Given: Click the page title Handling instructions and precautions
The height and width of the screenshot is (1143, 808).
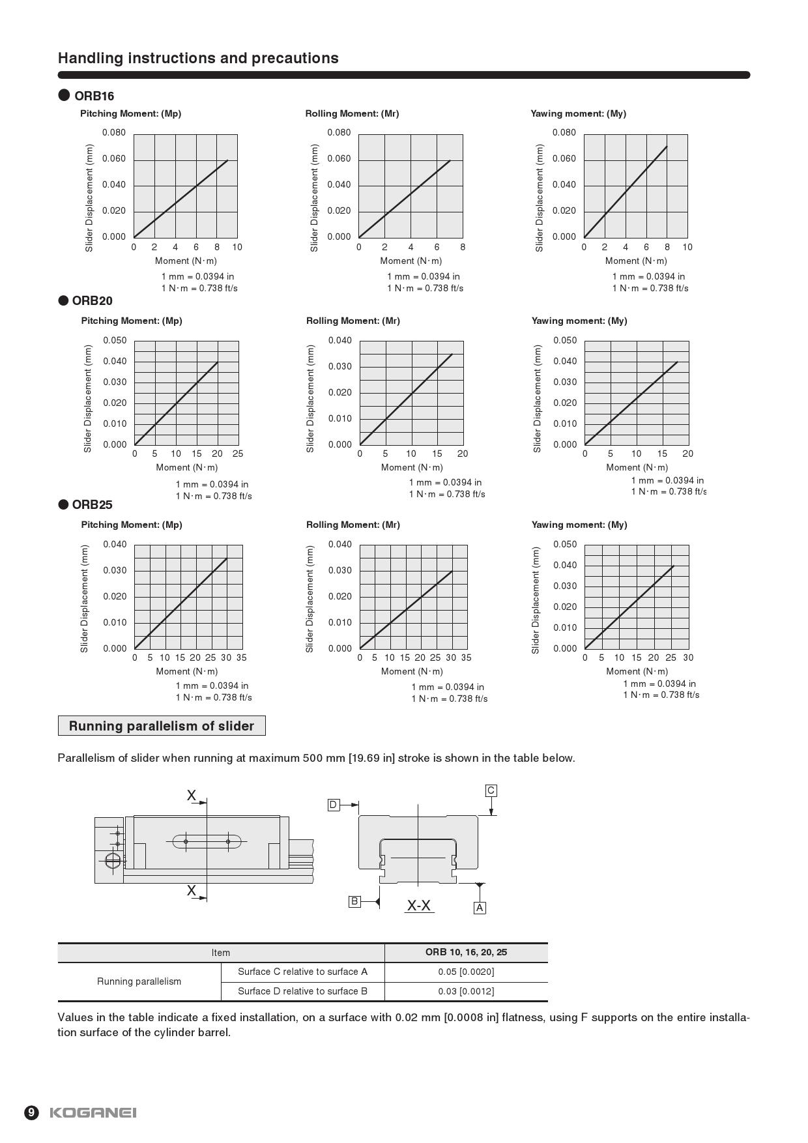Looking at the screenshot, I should click(x=198, y=58).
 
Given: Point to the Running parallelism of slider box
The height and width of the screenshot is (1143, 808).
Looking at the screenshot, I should click(x=162, y=726).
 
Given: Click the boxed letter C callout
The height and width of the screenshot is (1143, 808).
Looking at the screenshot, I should click(x=491, y=790).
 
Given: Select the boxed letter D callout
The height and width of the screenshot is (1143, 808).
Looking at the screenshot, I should click(x=333, y=805).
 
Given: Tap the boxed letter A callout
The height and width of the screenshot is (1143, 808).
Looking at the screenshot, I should click(x=480, y=908).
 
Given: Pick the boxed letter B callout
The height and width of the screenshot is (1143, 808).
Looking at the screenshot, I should click(x=354, y=901).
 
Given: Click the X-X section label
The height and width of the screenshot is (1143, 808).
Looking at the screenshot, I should click(x=419, y=905).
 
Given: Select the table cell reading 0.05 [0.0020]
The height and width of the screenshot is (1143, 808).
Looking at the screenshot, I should click(x=466, y=972).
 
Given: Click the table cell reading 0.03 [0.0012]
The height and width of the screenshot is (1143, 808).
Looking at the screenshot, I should click(x=466, y=991).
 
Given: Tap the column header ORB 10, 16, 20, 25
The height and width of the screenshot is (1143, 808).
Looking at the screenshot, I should click(x=466, y=952).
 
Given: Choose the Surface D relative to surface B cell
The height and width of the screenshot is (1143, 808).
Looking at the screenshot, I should click(x=302, y=991).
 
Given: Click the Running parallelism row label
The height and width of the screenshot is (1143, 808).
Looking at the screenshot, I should click(x=139, y=981).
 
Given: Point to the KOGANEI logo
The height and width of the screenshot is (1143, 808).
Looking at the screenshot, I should click(x=93, y=1112).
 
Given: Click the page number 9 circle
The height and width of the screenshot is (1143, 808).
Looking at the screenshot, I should click(x=32, y=1112).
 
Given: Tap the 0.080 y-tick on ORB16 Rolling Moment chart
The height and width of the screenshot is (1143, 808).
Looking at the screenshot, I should click(x=339, y=133).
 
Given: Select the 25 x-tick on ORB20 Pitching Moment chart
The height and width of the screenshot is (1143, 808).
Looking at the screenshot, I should click(x=238, y=454).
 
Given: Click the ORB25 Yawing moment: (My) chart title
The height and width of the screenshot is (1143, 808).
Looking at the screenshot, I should click(x=579, y=525).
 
